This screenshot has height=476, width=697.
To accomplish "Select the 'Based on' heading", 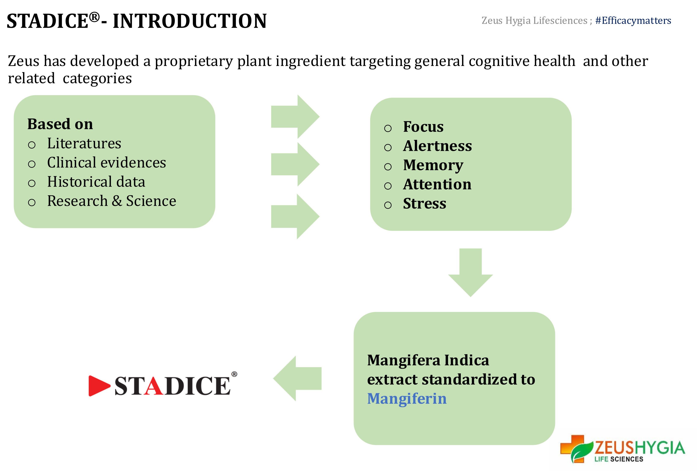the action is pos(60,124).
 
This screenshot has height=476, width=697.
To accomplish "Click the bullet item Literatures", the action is pos(84,143).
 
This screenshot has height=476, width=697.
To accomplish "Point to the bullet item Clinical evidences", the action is pos(106,162).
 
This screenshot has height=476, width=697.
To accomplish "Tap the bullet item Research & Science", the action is pos(112,201).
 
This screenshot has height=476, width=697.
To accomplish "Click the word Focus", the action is pos(423,127).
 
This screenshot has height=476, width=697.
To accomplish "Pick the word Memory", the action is pos(433,165).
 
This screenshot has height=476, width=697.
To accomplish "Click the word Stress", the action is pos(424,203).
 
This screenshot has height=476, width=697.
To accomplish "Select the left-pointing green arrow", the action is pos(297,378).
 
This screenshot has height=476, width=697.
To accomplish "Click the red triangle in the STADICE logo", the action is pos(99,386).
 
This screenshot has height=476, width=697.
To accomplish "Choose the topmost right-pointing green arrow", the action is pos(295,117).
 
